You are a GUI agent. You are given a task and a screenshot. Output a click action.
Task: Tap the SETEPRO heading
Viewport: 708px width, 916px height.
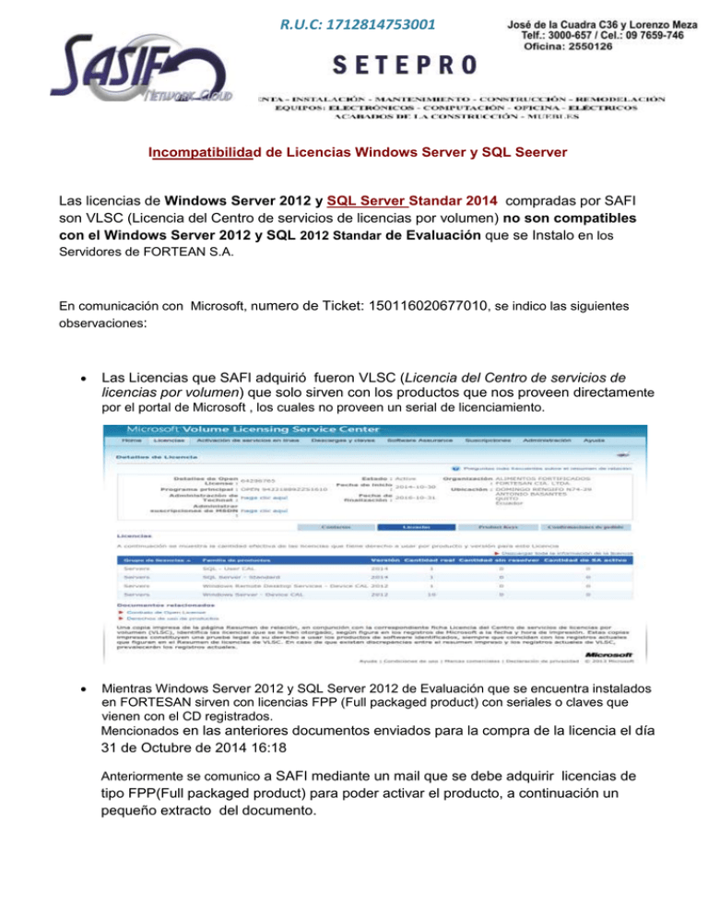[x=406, y=64]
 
